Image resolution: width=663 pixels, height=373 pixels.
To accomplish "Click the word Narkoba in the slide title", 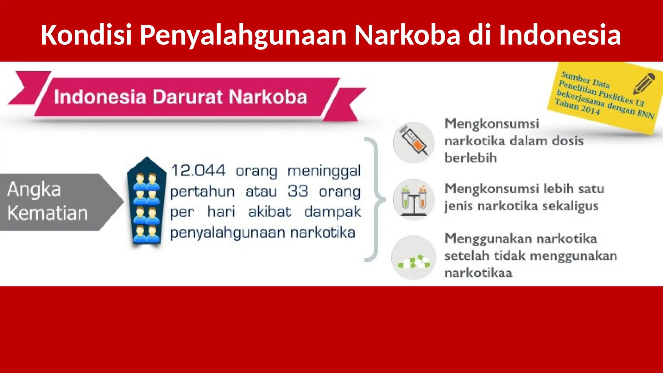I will (x=407, y=35).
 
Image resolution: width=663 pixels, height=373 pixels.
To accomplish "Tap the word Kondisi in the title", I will (x=86, y=35).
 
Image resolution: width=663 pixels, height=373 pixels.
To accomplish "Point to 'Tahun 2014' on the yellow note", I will (x=577, y=107).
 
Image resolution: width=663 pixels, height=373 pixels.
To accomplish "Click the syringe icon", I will (x=413, y=143).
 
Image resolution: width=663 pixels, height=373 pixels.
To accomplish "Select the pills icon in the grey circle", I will (x=413, y=261).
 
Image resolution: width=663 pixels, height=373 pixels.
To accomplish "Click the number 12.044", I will (x=198, y=171).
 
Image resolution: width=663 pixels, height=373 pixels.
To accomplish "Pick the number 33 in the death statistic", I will (x=298, y=191).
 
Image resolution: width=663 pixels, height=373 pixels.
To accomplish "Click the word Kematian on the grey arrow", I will (x=48, y=213).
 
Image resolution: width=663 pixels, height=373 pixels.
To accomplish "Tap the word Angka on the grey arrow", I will (x=34, y=189).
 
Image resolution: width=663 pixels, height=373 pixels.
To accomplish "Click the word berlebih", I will (x=470, y=158).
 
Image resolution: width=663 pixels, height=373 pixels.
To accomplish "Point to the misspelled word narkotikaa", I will (x=478, y=273).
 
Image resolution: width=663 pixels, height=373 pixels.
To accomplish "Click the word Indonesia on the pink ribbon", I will (x=100, y=97).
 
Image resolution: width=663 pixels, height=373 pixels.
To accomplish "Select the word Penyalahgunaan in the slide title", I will (x=243, y=35).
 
